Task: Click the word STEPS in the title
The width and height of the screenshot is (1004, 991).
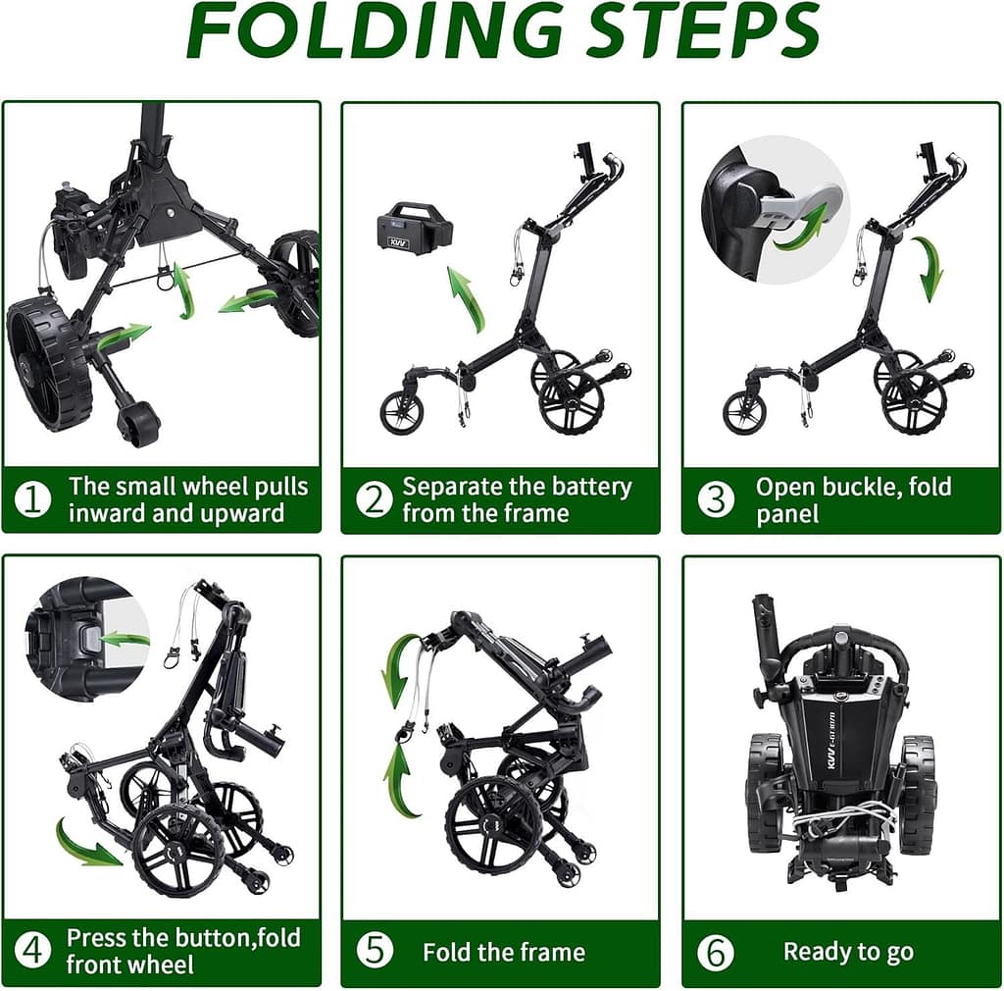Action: click(x=702, y=30)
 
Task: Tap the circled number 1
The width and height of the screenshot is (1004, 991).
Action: click(x=32, y=499)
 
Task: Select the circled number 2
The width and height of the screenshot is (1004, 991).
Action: click(x=374, y=499)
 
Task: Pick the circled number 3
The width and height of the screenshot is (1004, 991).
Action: click(x=715, y=499)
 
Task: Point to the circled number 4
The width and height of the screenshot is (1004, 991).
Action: click(x=32, y=951)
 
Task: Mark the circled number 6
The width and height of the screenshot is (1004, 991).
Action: click(x=715, y=952)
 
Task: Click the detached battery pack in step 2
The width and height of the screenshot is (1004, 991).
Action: click(x=415, y=229)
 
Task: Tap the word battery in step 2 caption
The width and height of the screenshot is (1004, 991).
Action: click(x=588, y=487)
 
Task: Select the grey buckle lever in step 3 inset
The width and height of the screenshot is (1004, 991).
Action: click(x=799, y=204)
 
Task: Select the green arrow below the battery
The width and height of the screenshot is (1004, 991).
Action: click(x=467, y=300)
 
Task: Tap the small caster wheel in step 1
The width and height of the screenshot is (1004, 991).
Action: click(x=137, y=424)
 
